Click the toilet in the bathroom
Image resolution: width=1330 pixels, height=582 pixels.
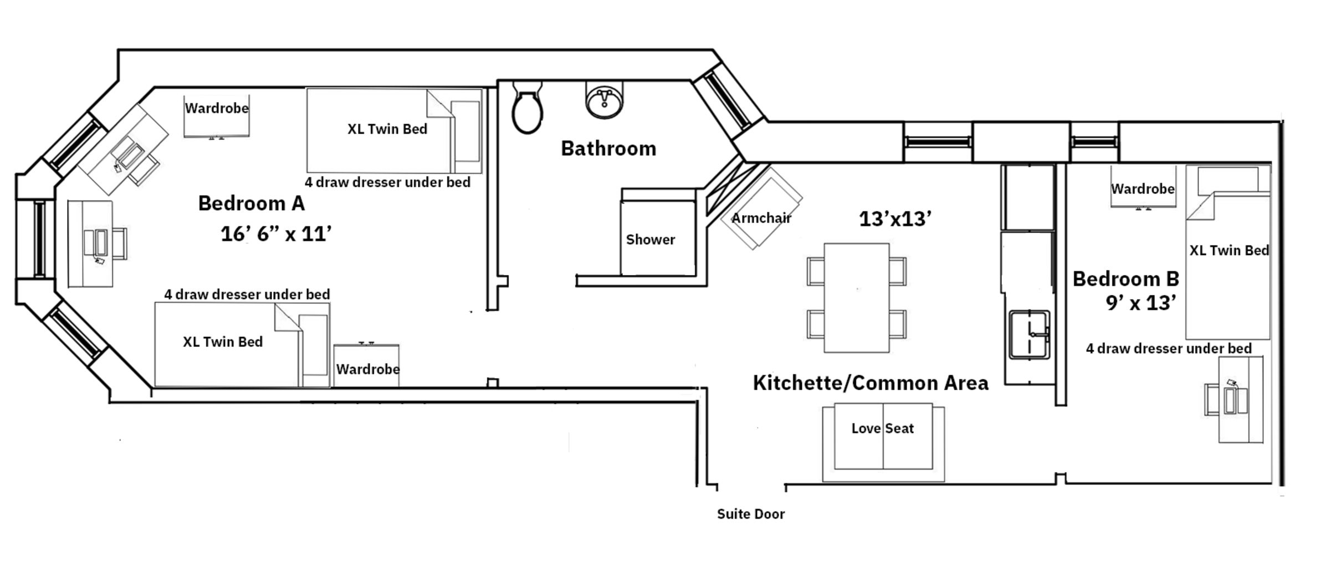(527, 111)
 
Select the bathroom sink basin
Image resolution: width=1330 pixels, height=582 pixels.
(605, 101)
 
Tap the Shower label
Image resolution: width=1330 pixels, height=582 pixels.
(650, 240)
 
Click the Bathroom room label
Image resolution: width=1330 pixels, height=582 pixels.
(608, 149)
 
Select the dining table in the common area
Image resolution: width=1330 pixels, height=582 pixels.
(856, 298)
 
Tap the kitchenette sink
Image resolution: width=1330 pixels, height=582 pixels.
(1029, 335)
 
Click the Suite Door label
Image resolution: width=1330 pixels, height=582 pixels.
(750, 514)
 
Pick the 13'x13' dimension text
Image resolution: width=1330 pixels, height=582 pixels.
(894, 219)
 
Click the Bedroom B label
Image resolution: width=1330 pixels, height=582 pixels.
(1126, 279)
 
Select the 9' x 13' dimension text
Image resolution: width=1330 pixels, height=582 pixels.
(1140, 303)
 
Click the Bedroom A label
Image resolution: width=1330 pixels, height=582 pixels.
(251, 203)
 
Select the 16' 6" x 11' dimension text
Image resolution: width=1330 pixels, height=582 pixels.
(276, 234)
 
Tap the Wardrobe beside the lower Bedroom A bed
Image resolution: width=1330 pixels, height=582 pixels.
(366, 366)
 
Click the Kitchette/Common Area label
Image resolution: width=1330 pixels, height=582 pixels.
(870, 383)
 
